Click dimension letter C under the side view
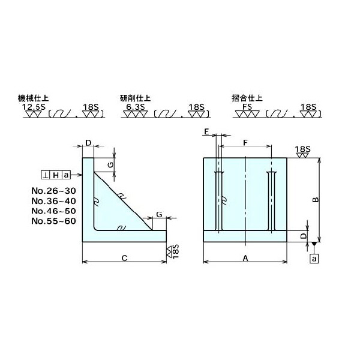point(123,259)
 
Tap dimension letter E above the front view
point(206,131)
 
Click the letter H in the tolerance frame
point(56,175)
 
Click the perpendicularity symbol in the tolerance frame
point(46,175)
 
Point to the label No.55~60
point(52,221)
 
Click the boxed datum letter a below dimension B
point(314,259)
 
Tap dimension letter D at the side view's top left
point(88,143)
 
